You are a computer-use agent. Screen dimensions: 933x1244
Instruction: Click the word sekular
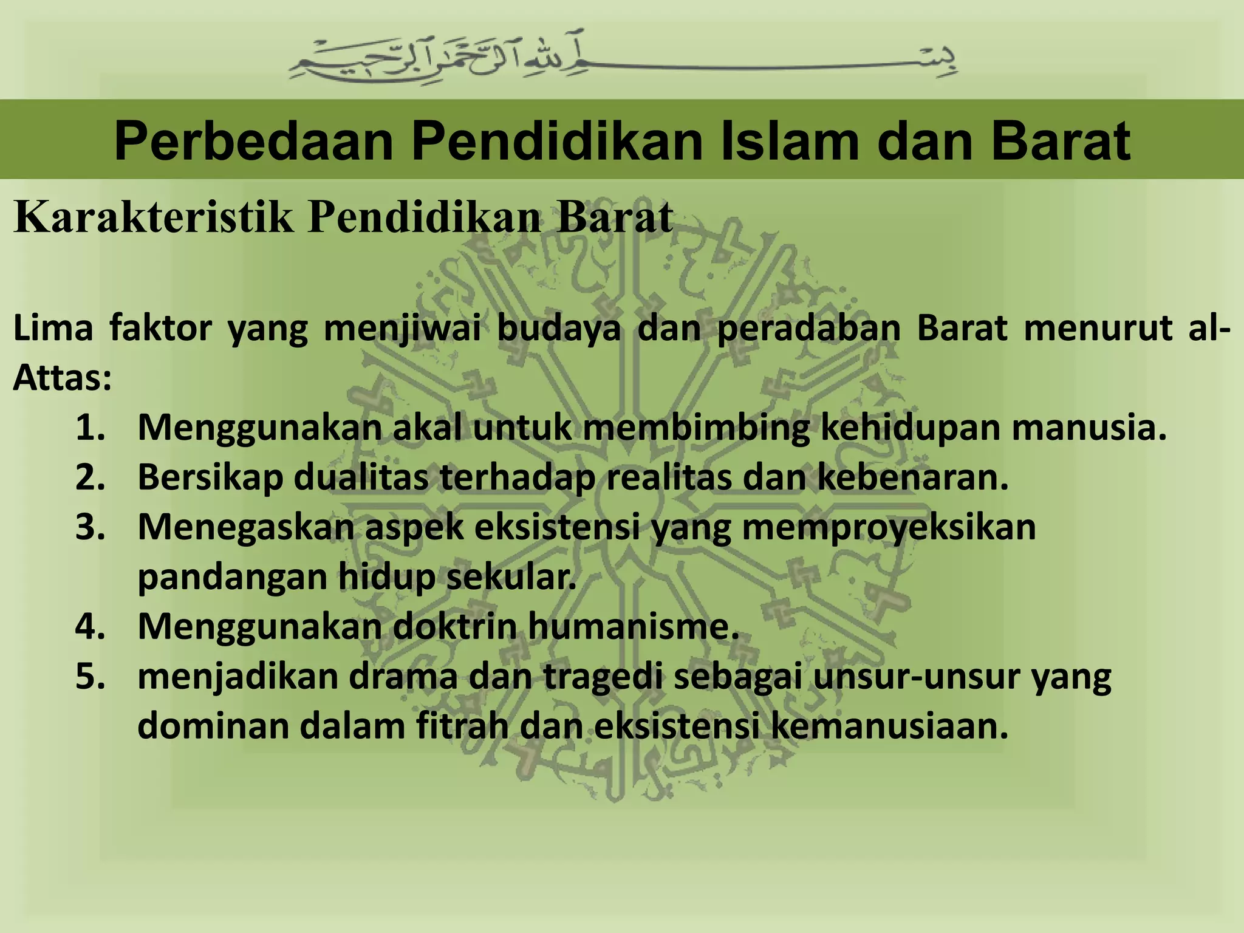pyautogui.click(x=511, y=577)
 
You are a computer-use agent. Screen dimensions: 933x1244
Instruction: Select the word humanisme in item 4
pyautogui.click(x=632, y=626)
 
